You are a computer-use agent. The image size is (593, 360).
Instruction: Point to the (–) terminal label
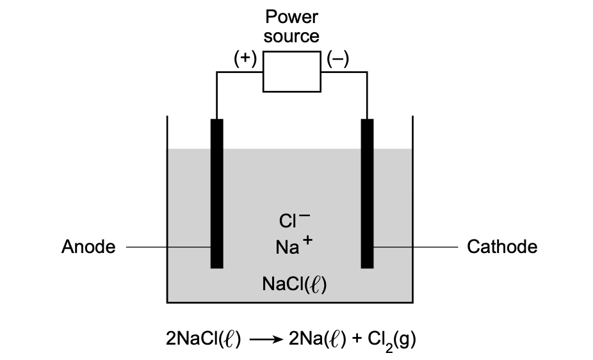pyautogui.click(x=337, y=59)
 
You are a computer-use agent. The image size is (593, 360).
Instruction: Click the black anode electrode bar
pyautogui.click(x=217, y=192)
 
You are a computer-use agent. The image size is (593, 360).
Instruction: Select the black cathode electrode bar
pyautogui.click(x=367, y=192)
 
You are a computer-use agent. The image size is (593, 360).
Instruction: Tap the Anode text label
pyautogui.click(x=88, y=247)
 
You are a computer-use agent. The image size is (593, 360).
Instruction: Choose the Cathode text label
pyautogui.click(x=502, y=247)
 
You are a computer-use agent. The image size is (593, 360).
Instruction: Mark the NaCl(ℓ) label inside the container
pyautogui.click(x=295, y=283)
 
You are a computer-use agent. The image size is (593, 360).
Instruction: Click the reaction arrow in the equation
pyautogui.click(x=264, y=340)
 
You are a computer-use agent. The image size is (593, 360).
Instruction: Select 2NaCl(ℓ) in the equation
pyautogui.click(x=203, y=339)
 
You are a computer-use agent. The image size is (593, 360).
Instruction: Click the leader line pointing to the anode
pyautogui.click(x=168, y=247)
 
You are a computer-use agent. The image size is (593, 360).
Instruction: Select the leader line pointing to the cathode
pyautogui.click(x=416, y=247)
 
